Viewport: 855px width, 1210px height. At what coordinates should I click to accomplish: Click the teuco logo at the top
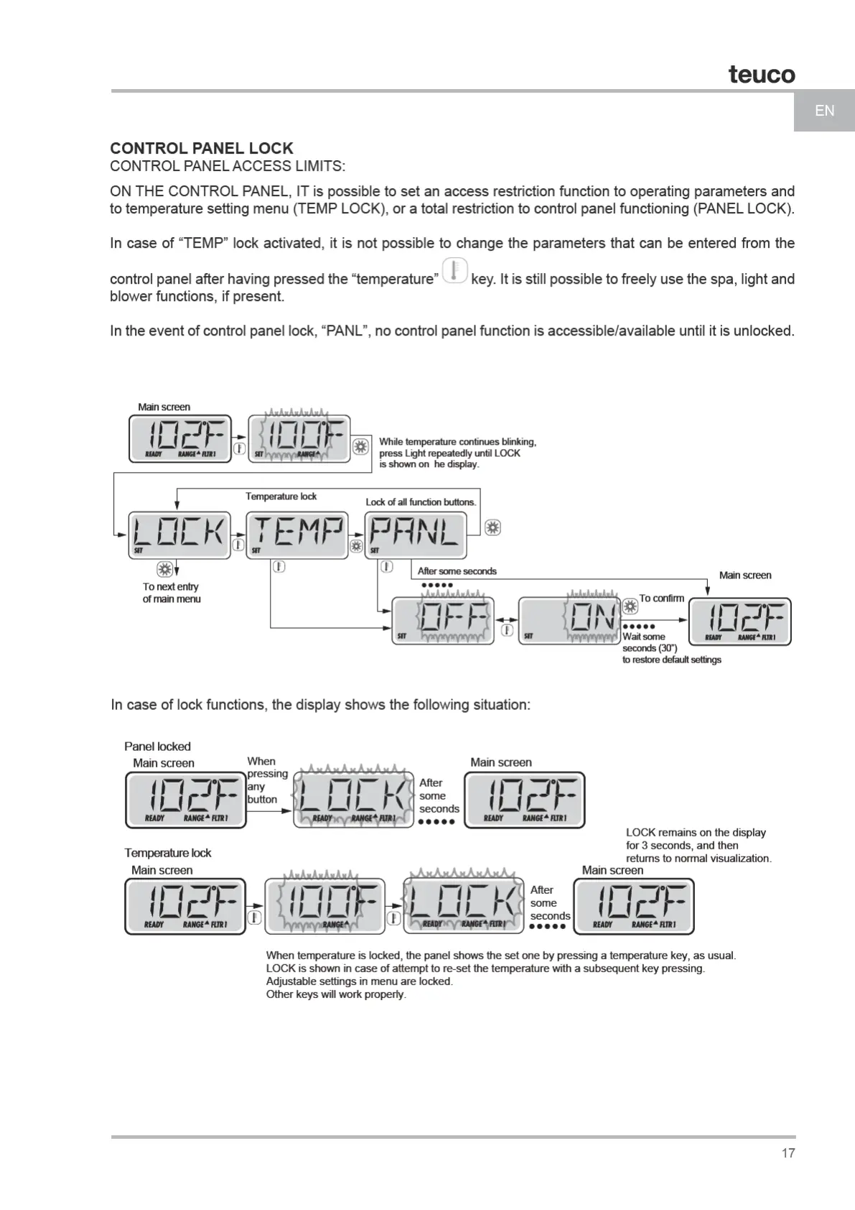762,74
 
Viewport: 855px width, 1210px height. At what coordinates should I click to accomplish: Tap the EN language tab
824,111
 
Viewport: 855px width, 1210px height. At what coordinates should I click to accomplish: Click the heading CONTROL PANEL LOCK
202,149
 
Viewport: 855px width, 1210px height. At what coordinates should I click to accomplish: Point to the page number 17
788,1153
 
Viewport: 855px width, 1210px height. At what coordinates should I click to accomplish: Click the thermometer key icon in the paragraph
454,272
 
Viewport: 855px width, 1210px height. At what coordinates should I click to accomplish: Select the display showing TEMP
297,535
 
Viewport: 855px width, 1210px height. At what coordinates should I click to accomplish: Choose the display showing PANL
416,535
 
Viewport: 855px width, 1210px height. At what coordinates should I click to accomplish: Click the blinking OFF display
443,621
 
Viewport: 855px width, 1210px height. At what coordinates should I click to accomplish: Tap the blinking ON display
569,621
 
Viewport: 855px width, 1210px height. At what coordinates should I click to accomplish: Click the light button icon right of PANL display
492,527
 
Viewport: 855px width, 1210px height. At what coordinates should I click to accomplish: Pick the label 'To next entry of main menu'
172,593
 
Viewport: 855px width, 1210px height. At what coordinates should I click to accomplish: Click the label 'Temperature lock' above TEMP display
281,497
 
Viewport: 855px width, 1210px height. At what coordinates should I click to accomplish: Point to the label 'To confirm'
661,598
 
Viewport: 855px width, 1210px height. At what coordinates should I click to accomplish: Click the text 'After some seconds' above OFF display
457,571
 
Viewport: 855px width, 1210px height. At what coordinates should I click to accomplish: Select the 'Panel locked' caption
157,747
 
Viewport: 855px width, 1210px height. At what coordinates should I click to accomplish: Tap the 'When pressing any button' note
267,780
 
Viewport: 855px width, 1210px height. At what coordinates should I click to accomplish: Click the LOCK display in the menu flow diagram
179,535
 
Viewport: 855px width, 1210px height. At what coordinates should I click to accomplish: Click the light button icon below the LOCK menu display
164,570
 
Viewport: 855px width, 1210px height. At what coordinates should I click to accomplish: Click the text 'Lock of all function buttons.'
421,502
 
